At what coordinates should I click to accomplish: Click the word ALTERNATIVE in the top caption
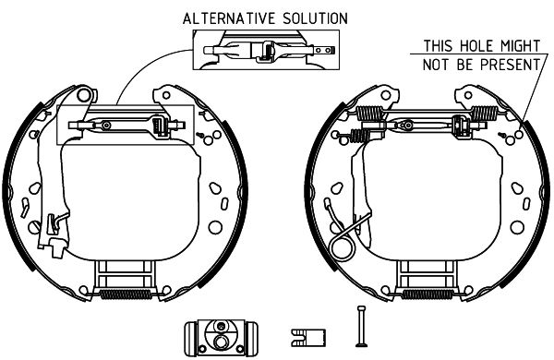pos(229,18)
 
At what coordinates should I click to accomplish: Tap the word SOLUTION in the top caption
pos(315,18)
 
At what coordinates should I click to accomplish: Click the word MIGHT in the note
pos(520,46)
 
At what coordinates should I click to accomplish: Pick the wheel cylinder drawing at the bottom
pos(222,338)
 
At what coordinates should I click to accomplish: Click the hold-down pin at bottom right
pos(361,326)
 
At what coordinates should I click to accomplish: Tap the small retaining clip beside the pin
pos(308,338)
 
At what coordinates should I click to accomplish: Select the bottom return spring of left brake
pos(126,294)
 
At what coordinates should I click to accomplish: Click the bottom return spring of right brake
pos(428,294)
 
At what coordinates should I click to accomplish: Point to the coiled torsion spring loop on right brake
pos(342,247)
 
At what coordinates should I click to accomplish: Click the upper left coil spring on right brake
pos(369,113)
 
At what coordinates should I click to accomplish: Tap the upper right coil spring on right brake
pos(485,113)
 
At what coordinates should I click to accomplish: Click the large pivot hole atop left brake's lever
pos(84,94)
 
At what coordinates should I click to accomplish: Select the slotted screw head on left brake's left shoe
pos(34,227)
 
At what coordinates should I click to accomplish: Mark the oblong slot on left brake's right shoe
pos(224,203)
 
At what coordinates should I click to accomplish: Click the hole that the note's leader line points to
pos(519,135)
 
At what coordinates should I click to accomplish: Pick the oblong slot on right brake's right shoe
pos(526,203)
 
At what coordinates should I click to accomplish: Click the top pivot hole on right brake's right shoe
pos(468,95)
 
